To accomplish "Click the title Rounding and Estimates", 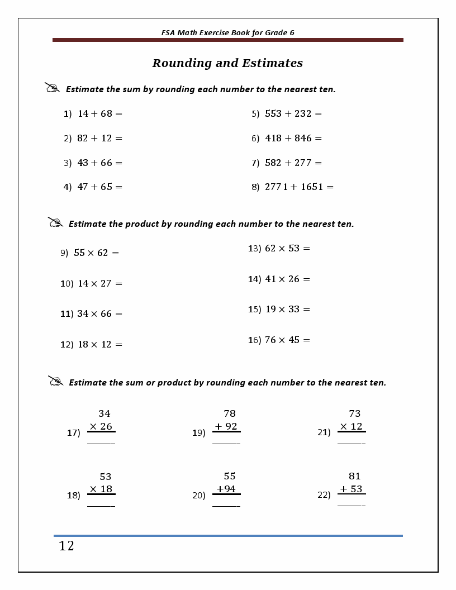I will [x=227, y=63].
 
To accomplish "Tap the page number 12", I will [x=66, y=546].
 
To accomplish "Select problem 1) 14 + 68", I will [x=93, y=113].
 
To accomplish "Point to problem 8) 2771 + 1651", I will [x=292, y=187].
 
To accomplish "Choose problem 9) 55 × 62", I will [x=90, y=253].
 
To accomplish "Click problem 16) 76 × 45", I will [x=279, y=340].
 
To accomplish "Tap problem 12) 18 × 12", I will [x=91, y=344].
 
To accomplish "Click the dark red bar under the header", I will [x=227, y=40].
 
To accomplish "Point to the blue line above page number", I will [x=227, y=536].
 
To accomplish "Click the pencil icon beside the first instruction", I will [x=52, y=88].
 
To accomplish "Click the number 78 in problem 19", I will [x=230, y=414].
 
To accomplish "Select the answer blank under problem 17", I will [x=101, y=443].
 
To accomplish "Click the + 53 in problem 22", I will [x=351, y=489].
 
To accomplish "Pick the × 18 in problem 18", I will [x=101, y=489].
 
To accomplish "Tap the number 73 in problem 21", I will [x=355, y=414].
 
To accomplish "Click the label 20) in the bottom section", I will [x=199, y=495].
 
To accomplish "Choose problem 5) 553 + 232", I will [x=287, y=113].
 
